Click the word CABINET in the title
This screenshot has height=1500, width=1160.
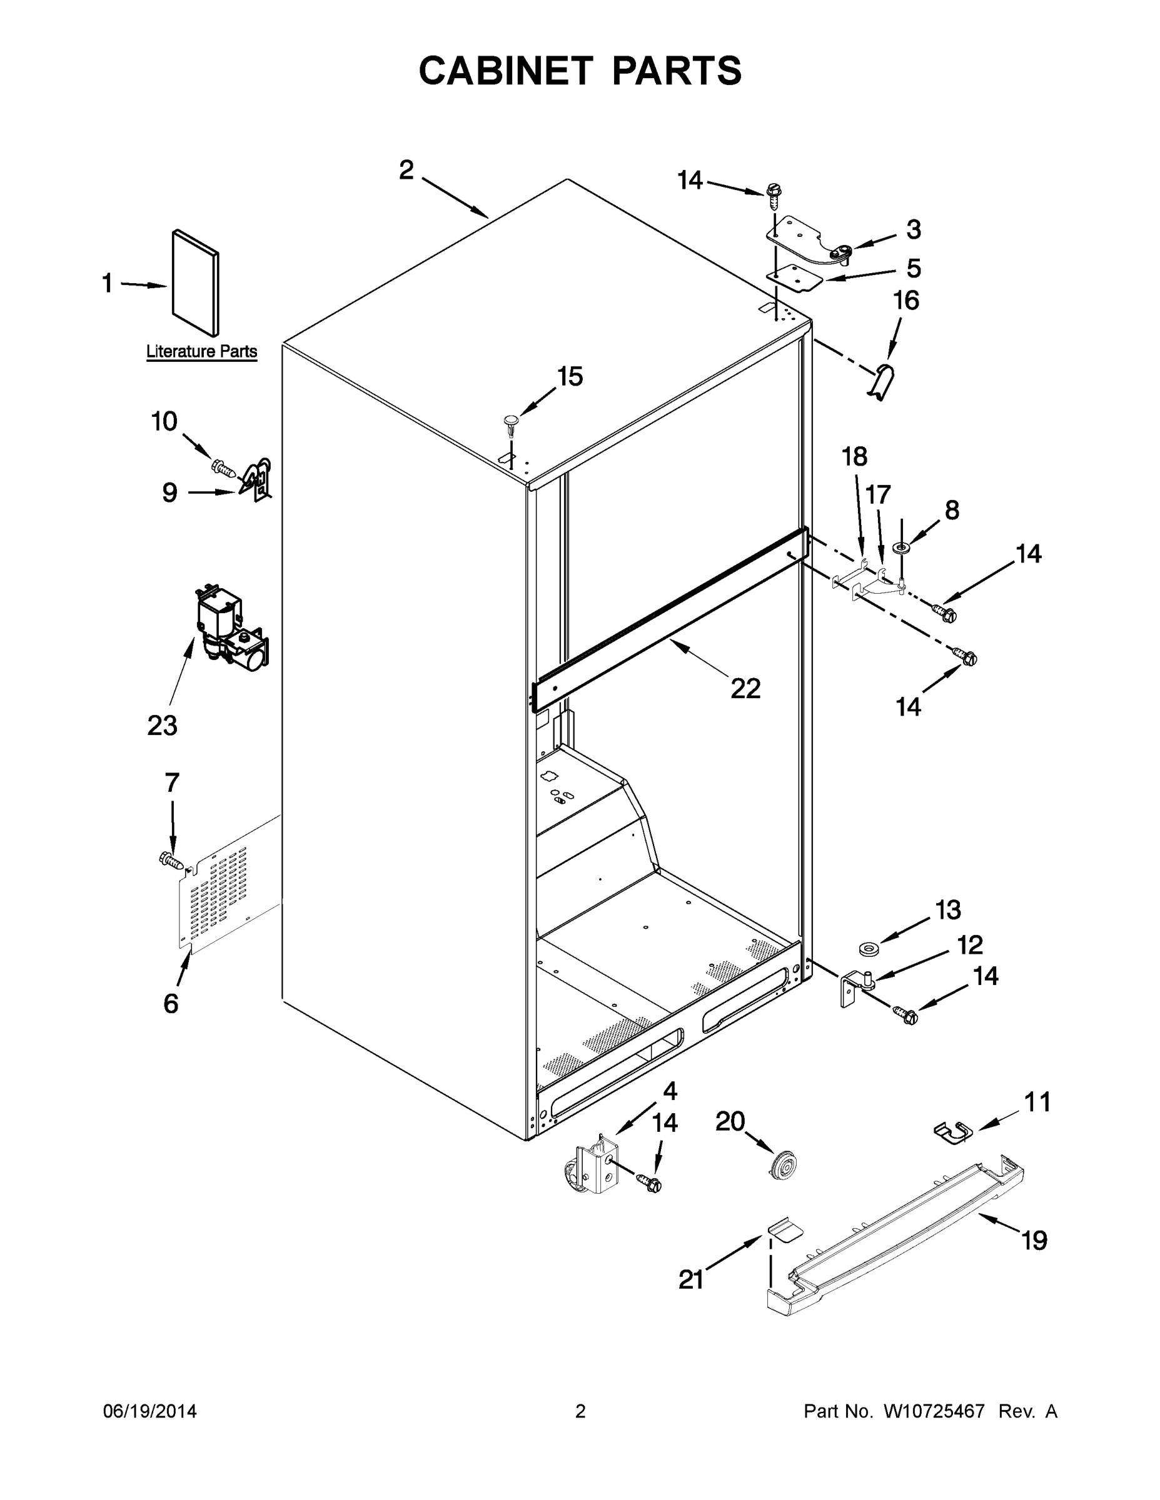coord(505,71)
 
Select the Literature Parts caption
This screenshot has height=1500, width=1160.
coord(201,352)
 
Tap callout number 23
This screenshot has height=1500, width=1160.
coord(162,725)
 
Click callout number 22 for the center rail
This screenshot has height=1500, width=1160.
coord(745,688)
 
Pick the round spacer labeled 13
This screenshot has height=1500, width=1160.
coord(870,950)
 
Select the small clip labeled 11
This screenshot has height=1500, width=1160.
coord(953,1131)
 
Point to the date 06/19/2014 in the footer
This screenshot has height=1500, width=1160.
coord(150,1411)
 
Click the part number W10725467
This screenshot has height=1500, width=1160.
coord(934,1411)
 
